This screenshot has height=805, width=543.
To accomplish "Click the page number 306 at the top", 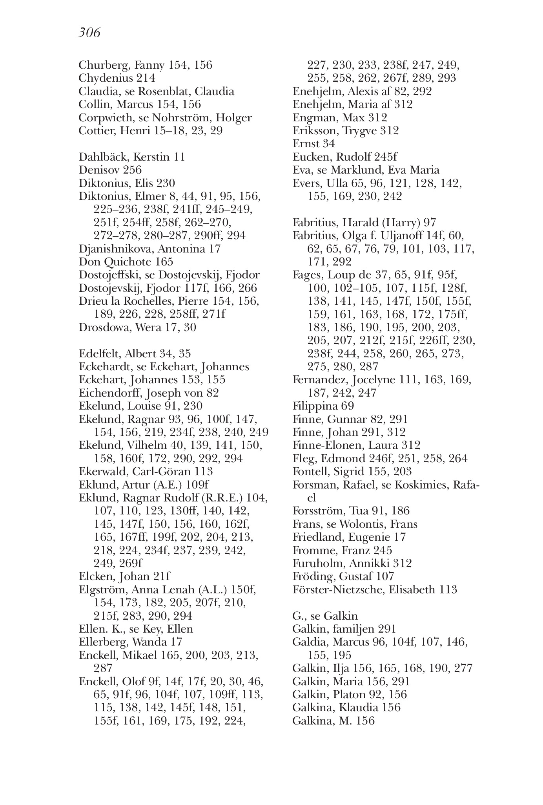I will coord(89,33).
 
